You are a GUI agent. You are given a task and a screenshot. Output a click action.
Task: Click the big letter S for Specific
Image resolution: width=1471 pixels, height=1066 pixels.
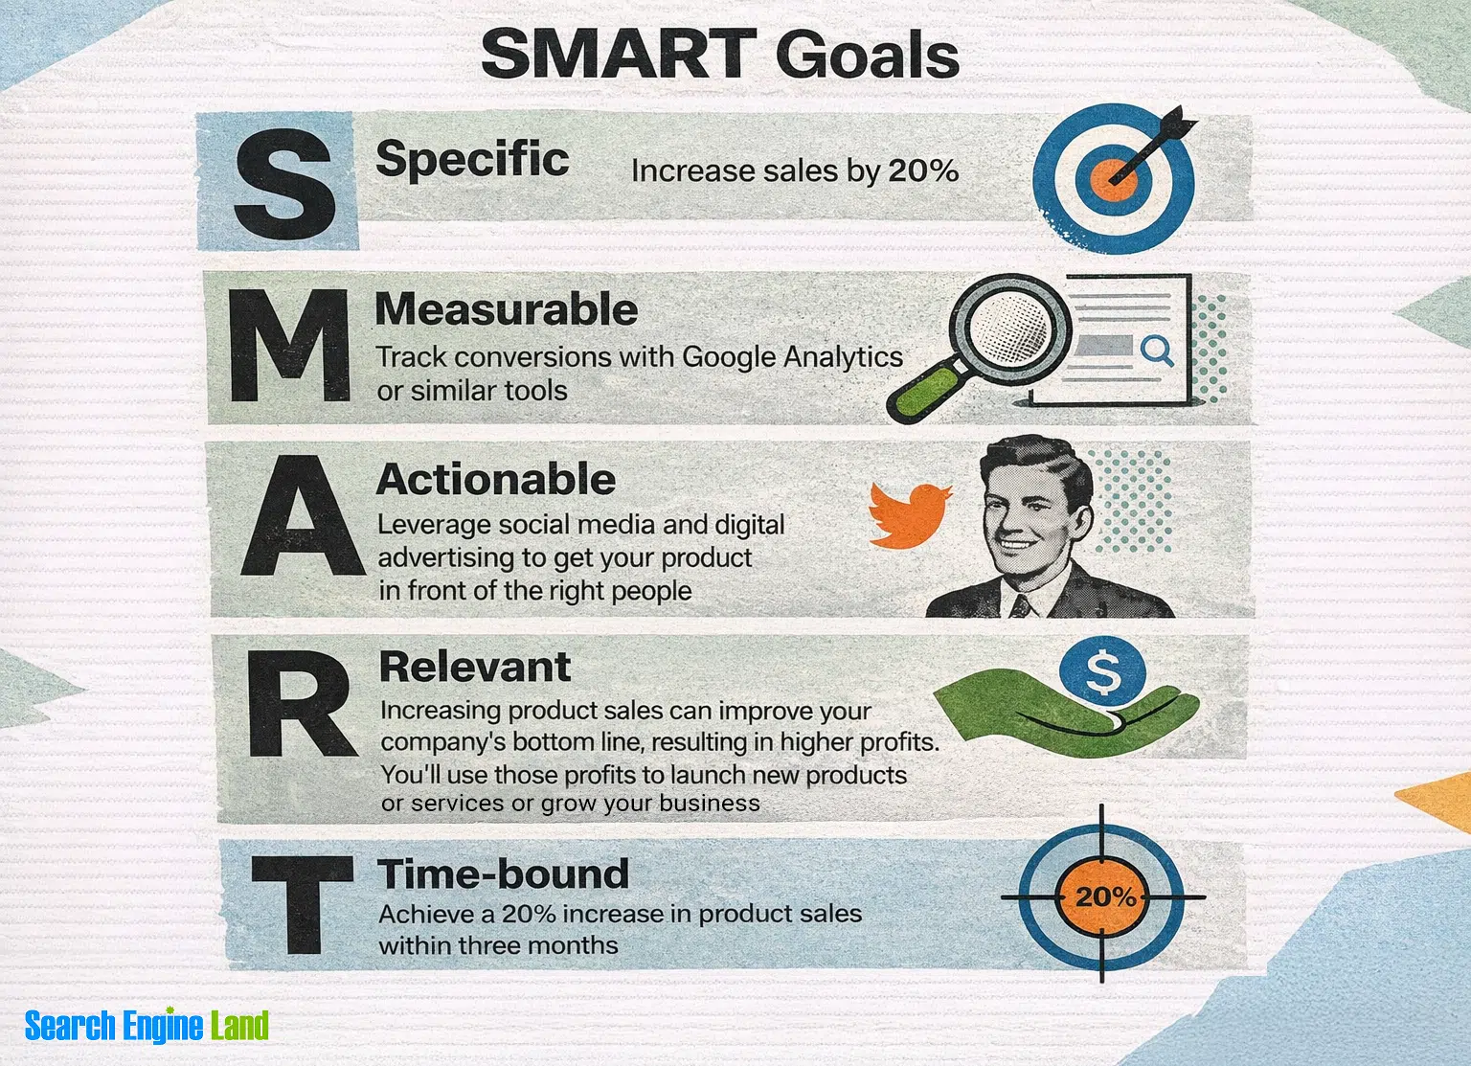click(284, 183)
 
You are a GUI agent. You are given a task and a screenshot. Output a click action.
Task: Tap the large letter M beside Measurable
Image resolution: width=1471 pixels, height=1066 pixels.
click(289, 346)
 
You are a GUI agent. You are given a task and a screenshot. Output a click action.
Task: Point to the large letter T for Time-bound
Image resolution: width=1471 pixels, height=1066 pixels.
click(303, 905)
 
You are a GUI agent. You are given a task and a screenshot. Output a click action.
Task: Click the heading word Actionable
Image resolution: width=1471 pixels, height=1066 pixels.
click(496, 479)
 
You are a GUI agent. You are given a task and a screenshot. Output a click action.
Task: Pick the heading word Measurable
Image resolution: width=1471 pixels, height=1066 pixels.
click(507, 308)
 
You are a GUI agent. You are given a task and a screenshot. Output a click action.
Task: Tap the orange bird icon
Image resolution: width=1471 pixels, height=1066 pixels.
click(910, 514)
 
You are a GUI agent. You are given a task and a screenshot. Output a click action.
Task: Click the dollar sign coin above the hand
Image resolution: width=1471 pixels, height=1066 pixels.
click(1103, 672)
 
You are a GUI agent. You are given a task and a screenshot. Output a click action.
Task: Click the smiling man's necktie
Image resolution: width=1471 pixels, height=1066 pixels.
click(1021, 605)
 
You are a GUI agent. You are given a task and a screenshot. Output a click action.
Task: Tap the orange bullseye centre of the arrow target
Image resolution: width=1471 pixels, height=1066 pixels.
click(1115, 179)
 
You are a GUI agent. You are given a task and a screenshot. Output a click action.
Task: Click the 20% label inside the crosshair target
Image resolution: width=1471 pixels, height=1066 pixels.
click(1106, 896)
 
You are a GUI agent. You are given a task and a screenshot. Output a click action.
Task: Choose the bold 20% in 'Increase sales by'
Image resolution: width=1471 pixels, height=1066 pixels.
click(923, 170)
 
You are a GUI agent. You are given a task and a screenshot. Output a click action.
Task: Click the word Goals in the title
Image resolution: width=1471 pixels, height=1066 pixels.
click(868, 55)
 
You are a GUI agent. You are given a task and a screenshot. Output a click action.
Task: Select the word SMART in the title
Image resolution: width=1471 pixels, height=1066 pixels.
click(620, 54)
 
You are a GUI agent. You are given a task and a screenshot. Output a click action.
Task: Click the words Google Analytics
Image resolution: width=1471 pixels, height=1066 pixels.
click(793, 356)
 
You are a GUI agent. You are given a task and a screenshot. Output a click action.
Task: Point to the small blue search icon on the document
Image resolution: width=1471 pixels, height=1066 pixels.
click(1157, 351)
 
